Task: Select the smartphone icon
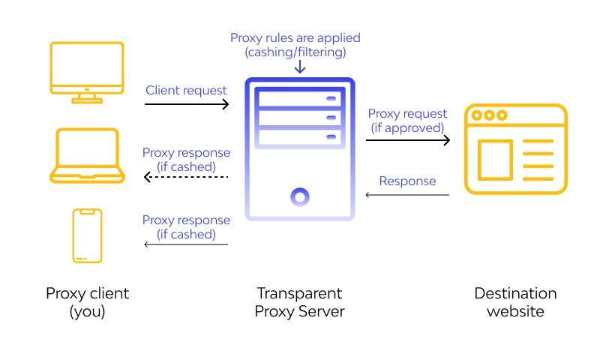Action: pos(87,235)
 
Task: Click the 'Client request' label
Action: pos(186,90)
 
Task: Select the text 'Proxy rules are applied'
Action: pos(295,37)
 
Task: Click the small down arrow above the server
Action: pos(300,67)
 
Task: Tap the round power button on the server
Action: pos(300,197)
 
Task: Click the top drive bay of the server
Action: pos(299,98)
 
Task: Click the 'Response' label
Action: pos(407,181)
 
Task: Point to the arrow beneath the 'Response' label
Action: pos(407,195)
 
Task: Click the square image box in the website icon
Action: pos(495,160)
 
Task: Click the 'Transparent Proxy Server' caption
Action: pos(300,301)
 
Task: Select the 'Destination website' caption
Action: pos(516,301)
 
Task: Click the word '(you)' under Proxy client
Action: pos(87,311)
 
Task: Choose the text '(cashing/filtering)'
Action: pos(295,52)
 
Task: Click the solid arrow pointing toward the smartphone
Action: pos(186,244)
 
